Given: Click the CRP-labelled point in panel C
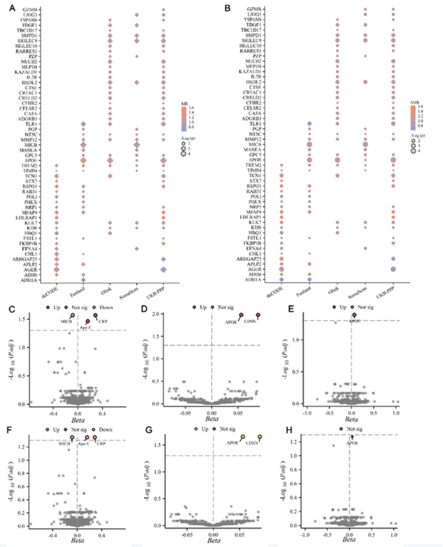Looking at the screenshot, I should [x=95, y=316].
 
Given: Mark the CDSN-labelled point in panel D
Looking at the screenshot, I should [x=259, y=315].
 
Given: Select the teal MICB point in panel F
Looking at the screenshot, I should [x=72, y=438].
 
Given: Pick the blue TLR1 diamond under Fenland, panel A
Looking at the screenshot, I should [x=83, y=124].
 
